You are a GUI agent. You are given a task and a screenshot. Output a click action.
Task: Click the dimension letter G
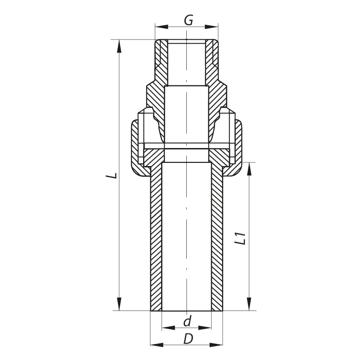click(x=188, y=20)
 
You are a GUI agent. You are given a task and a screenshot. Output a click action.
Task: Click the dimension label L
click(x=112, y=175)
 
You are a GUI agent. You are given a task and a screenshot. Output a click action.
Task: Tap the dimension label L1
click(x=241, y=239)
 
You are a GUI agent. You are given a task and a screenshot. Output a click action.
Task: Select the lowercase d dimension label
click(x=187, y=321)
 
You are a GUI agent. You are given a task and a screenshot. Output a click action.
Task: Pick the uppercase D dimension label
click(x=188, y=339)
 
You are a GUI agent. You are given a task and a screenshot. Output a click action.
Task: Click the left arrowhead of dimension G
click(x=162, y=27)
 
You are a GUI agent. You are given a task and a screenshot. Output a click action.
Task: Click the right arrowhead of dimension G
click(x=211, y=27)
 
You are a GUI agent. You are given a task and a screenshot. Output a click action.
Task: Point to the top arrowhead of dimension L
click(x=119, y=46)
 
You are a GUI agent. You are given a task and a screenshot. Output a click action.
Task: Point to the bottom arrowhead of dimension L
click(x=119, y=304)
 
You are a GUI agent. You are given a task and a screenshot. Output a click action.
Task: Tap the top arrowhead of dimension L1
click(x=249, y=169)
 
